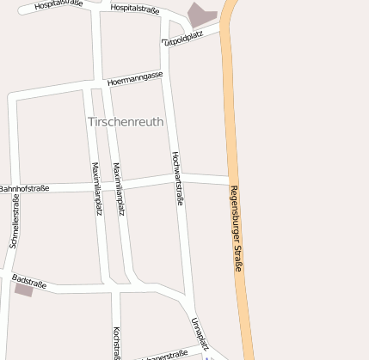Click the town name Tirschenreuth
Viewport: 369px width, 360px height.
coord(126,122)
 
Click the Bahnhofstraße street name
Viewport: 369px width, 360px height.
coord(24,188)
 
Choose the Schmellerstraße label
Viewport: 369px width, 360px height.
coord(15,221)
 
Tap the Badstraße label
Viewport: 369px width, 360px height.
coord(29,280)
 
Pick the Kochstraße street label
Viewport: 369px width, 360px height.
coord(116,341)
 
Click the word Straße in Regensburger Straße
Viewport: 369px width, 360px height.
coord(239,255)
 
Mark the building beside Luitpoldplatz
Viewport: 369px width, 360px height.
coord(202,15)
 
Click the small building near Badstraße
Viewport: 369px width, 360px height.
coord(23,290)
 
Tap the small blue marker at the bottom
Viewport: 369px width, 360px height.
coord(206,357)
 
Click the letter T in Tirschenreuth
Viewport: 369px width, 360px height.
coord(91,122)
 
